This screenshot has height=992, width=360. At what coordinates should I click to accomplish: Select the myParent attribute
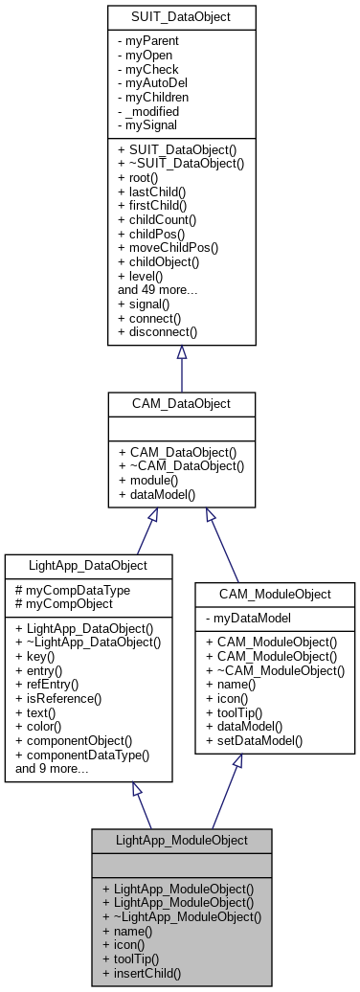click(x=148, y=42)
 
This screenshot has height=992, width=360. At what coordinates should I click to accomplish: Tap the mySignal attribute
click(x=148, y=124)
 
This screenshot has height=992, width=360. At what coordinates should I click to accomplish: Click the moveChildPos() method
click(x=168, y=246)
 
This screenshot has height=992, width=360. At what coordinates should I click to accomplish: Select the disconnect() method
click(x=157, y=332)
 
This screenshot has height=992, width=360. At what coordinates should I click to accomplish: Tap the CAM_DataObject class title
click(x=181, y=403)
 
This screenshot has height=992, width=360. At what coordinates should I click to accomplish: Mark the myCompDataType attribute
click(x=72, y=590)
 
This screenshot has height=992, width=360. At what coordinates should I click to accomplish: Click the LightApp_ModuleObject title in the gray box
click(x=181, y=840)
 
